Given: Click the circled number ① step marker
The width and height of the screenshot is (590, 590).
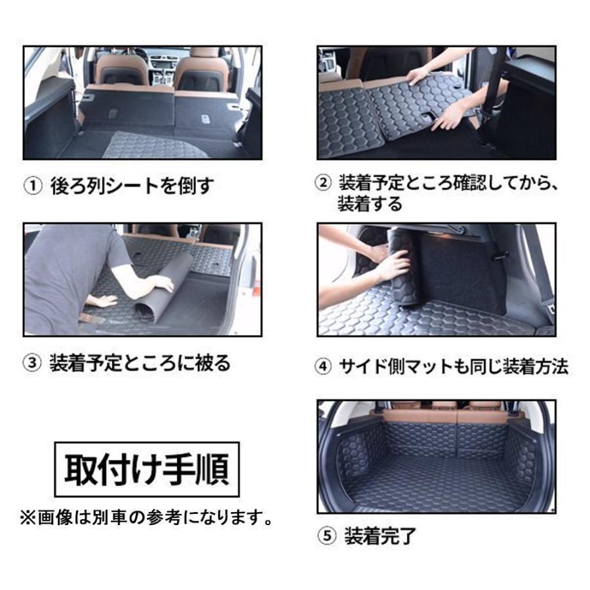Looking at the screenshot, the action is [x=33, y=187].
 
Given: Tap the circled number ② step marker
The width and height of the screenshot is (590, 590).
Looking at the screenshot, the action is [x=323, y=184].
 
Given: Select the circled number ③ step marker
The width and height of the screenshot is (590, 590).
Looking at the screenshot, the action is [x=32, y=363].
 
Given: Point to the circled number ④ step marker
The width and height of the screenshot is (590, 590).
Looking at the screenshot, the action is [x=323, y=366].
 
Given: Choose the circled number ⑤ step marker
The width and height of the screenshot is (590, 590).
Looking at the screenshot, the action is [x=326, y=536].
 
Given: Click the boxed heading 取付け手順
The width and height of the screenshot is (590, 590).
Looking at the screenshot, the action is [x=147, y=469].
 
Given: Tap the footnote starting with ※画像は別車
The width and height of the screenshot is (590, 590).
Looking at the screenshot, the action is [x=146, y=518].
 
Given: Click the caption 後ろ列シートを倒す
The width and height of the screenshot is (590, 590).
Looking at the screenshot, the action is [x=132, y=187].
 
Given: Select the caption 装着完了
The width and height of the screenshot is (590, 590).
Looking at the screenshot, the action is [x=380, y=536].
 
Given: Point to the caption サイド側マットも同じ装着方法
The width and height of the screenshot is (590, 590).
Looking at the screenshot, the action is [x=454, y=366].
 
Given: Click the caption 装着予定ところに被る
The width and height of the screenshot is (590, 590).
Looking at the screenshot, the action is [x=140, y=363].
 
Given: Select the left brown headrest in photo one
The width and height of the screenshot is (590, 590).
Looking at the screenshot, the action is [x=121, y=70].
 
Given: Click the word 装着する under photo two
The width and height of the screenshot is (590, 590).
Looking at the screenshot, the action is [x=370, y=204].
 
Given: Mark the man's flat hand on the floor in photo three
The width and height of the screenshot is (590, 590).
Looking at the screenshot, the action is [x=100, y=301].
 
